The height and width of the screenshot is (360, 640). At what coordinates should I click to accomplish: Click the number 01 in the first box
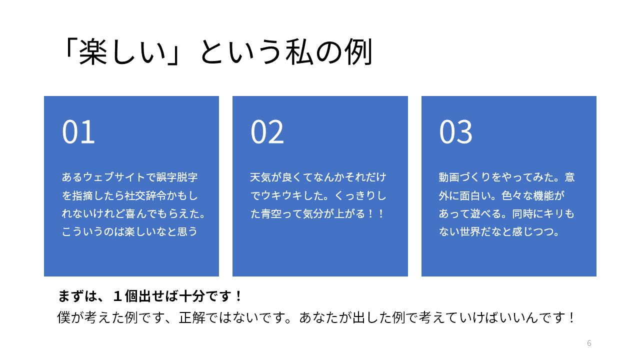[78, 131]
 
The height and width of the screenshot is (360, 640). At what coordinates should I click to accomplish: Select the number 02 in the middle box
[267, 131]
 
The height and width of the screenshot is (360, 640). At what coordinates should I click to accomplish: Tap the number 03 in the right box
[455, 131]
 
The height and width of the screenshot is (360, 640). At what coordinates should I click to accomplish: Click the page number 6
[589, 343]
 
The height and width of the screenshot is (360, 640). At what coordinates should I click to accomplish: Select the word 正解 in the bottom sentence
[192, 317]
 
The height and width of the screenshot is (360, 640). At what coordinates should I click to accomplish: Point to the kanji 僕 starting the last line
[64, 317]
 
